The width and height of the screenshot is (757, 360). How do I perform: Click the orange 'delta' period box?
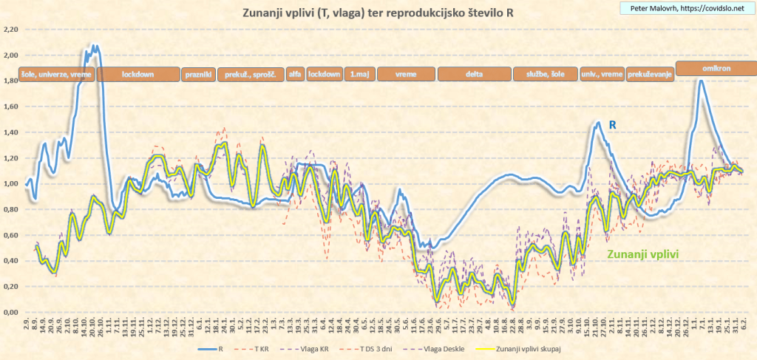click(x=474, y=74)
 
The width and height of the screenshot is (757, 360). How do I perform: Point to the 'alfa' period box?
click(x=295, y=74)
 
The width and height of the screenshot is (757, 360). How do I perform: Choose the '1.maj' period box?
click(x=360, y=74)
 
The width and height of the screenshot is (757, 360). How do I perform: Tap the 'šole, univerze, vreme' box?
click(x=57, y=74)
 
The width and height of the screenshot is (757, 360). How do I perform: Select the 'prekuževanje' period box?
click(x=650, y=74)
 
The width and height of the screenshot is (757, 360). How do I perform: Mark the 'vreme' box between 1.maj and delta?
click(x=406, y=74)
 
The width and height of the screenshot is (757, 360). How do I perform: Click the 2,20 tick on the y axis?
click(x=10, y=30)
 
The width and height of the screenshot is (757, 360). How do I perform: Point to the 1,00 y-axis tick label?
click(x=10, y=184)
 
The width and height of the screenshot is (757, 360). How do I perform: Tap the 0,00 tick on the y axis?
click(x=10, y=312)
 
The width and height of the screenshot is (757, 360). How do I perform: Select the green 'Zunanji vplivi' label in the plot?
click(x=643, y=253)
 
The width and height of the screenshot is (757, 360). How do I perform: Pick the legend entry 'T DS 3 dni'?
click(x=377, y=347)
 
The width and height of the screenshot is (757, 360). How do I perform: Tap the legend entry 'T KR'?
click(x=256, y=347)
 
